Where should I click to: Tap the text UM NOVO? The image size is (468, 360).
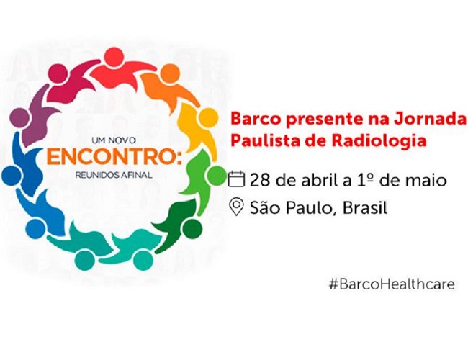pyautogui.click(x=114, y=140)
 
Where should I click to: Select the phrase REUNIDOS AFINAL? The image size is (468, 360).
pyautogui.click(x=114, y=175)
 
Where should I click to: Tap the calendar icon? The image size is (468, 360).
pyautogui.click(x=236, y=179)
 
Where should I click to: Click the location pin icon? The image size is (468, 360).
pyautogui.click(x=237, y=207)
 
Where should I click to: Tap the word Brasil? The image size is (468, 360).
pyautogui.click(x=365, y=207)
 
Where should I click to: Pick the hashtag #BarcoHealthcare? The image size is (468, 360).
pyautogui.click(x=392, y=284)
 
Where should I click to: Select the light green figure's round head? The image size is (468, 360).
pyautogui.click(x=215, y=175)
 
